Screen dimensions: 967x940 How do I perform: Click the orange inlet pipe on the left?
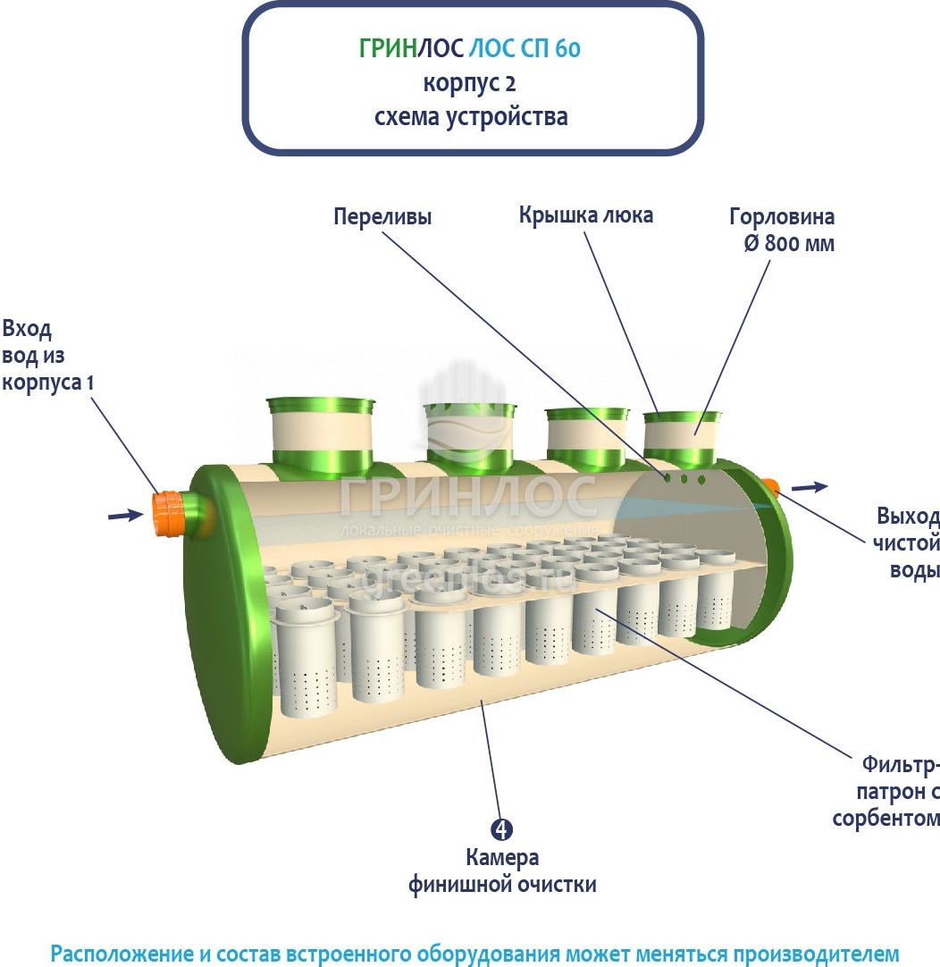click(x=169, y=513)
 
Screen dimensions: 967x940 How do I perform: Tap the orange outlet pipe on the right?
click(x=770, y=487)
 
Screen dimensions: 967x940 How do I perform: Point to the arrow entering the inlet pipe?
click(x=125, y=514)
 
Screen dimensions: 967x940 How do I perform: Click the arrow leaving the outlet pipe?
click(x=810, y=486)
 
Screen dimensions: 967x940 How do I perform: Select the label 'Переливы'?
click(x=382, y=216)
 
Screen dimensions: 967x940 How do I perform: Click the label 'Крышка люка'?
click(x=586, y=214)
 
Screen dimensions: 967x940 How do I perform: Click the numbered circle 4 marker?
click(x=502, y=829)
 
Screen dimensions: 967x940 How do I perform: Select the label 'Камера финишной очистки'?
click(x=502, y=871)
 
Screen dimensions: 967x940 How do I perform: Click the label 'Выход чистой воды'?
click(x=908, y=543)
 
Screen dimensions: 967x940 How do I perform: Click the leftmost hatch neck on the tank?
click(x=321, y=433)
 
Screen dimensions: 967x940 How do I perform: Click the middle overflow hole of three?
click(x=684, y=479)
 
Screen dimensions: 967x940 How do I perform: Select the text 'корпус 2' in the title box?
click(x=470, y=84)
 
